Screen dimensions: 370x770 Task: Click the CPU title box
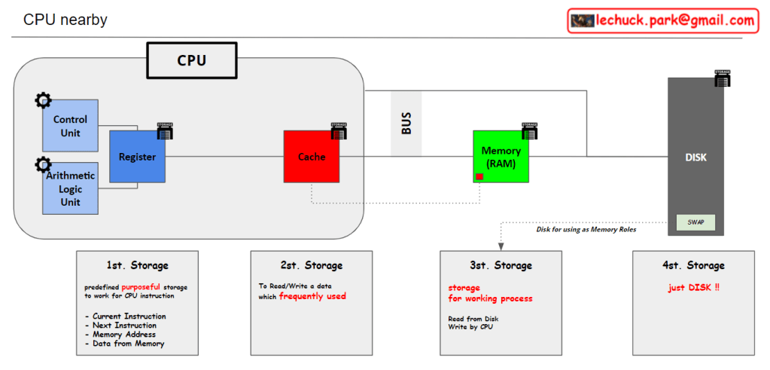click(191, 60)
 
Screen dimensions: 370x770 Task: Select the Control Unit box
click(70, 125)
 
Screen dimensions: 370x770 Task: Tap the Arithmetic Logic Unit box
click(70, 188)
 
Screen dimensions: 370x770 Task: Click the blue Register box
click(137, 157)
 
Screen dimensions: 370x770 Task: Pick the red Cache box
click(311, 157)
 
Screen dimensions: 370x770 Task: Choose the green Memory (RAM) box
click(501, 157)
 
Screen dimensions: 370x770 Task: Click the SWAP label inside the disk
click(695, 223)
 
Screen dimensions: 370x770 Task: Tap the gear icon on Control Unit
click(43, 100)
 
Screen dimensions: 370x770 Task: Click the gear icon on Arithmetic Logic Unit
click(43, 164)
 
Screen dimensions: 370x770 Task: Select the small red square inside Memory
click(479, 177)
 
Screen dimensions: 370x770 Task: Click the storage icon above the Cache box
click(339, 130)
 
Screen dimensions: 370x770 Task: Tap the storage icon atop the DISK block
click(723, 78)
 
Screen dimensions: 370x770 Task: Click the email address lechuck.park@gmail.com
click(674, 20)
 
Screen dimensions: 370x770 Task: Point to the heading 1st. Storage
click(137, 265)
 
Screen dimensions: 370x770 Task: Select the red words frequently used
click(312, 296)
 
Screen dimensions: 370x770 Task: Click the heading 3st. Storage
click(501, 265)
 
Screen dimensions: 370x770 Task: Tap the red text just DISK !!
click(693, 287)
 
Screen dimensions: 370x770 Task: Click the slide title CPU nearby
click(65, 20)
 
